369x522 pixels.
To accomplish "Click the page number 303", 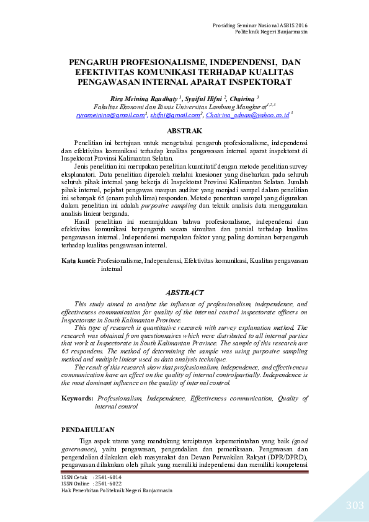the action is tap(355, 506).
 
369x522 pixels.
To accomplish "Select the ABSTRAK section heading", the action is tap(185, 131).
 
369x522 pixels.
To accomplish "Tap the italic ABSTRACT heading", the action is tap(185, 292).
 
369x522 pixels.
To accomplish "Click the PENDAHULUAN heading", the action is tap(88, 429).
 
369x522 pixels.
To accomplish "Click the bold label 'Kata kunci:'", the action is tap(79, 261).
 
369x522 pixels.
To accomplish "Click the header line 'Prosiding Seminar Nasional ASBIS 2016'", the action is tap(260, 25).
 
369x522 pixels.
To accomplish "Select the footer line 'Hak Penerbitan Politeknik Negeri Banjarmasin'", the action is tap(117, 490).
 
